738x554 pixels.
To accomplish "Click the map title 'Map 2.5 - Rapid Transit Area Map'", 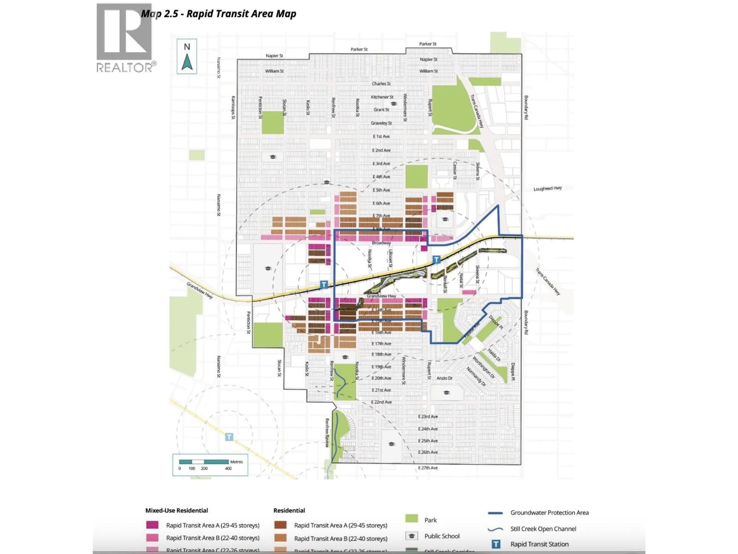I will pos(219,14).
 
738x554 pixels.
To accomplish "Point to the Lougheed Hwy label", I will pos(548,188).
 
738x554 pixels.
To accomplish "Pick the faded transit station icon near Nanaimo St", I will pos(229,437).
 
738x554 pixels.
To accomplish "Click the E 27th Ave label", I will pos(428,468).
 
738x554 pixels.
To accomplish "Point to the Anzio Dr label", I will pos(444,378).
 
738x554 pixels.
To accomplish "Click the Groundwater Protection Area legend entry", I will pos(549,513).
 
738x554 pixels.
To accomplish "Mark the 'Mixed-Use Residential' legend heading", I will pos(176,510).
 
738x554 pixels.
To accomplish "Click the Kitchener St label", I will pos(382,97).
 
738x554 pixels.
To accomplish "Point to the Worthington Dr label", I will pos(483,367).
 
